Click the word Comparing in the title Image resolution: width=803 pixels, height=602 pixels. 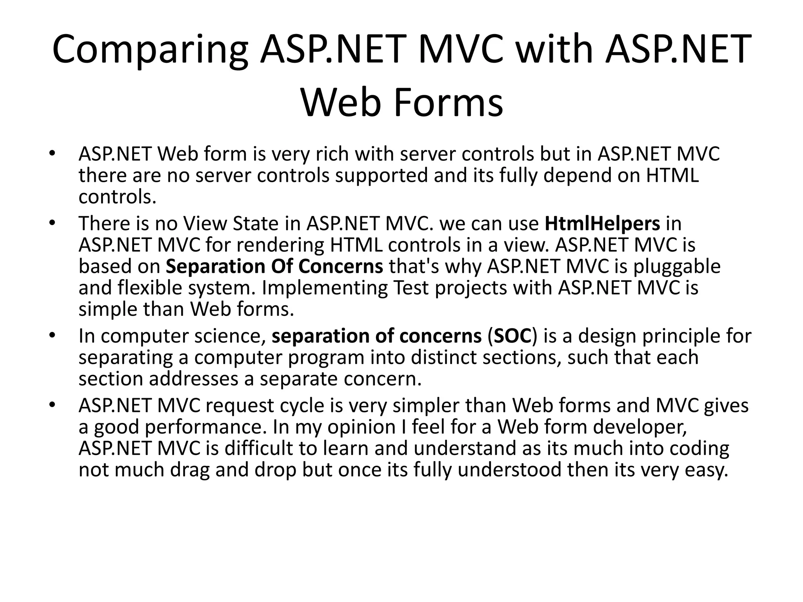(x=150, y=50)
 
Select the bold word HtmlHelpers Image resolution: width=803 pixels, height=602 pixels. (x=602, y=224)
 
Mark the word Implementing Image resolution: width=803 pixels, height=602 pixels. (x=322, y=288)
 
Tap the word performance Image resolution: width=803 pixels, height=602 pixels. (x=203, y=427)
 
